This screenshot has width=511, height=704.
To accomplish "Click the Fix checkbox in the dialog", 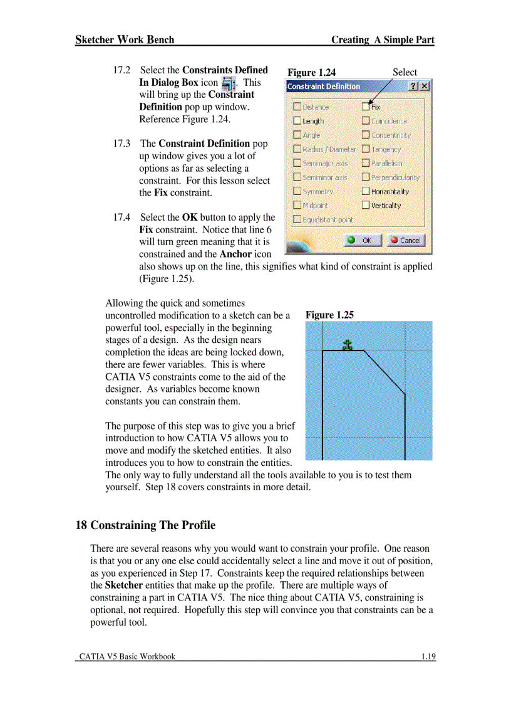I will tap(366, 107).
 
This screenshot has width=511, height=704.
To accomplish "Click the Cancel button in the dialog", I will tap(405, 240).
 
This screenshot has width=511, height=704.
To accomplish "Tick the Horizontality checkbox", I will tap(366, 191).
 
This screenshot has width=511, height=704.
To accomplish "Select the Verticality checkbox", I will tap(366, 206).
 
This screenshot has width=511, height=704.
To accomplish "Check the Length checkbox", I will tap(297, 121).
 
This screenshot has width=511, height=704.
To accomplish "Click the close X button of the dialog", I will tap(425, 87).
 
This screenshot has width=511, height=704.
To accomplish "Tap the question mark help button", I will tap(414, 87).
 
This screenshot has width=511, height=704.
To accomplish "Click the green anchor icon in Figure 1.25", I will tap(348, 344).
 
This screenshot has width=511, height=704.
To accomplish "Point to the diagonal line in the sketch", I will tap(385, 373).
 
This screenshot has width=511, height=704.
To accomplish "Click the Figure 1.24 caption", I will tap(311, 73).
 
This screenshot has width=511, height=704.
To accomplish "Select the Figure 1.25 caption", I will tap(329, 315).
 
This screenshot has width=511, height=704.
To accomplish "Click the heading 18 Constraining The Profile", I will tap(145, 525).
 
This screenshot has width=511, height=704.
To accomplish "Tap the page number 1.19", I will tap(428, 656).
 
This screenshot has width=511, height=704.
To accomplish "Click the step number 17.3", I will tap(121, 144).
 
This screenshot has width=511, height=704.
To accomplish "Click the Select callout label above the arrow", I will tap(405, 72).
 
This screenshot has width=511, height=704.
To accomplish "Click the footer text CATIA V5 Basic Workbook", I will tap(127, 656).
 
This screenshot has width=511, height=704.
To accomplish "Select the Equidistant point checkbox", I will tap(297, 219).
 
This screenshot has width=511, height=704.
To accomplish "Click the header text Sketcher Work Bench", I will tap(125, 39).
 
